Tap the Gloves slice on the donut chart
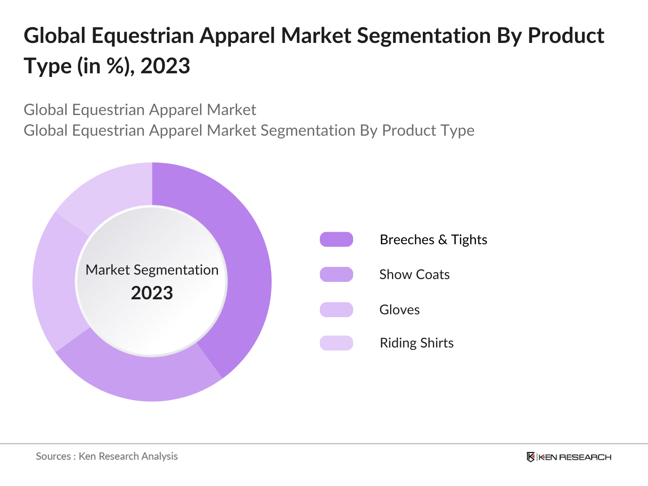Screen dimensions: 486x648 [x=55, y=283]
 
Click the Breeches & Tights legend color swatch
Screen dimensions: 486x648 [x=336, y=239]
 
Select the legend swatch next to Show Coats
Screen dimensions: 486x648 [x=336, y=274]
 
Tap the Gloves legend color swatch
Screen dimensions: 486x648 [x=336, y=309]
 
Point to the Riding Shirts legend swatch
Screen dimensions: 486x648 [x=336, y=343]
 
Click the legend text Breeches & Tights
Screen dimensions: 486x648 [x=433, y=239]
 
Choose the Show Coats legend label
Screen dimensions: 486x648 [x=414, y=274]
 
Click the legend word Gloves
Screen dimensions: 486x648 [x=399, y=309]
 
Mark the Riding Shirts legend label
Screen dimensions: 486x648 [x=416, y=343]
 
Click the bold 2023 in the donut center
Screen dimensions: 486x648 [x=152, y=293]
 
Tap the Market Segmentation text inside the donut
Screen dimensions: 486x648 [x=152, y=270]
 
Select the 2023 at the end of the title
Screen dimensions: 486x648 [x=165, y=66]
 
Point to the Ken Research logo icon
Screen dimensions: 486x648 [x=531, y=457]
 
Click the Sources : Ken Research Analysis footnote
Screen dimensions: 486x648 [x=107, y=456]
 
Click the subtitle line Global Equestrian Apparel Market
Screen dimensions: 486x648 [x=140, y=110]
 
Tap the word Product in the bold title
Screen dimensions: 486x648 [x=566, y=36]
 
